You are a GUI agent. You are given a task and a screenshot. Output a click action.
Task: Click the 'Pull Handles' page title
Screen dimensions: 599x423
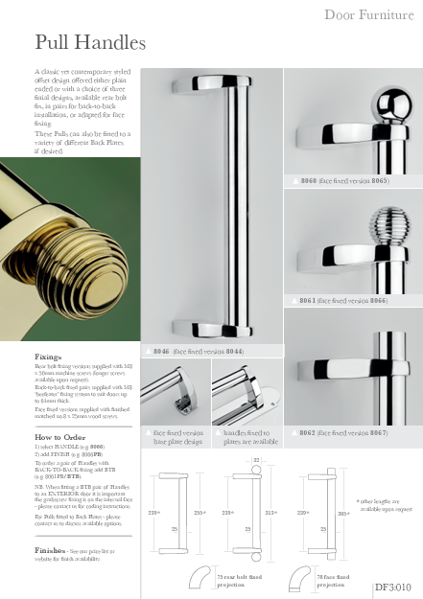click(x=89, y=42)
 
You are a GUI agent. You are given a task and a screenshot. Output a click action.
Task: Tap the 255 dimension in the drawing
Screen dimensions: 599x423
click(x=199, y=514)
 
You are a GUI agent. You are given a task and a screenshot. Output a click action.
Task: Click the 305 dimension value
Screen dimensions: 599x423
click(x=341, y=514)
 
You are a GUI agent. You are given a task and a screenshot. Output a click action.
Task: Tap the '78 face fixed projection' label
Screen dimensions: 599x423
click(x=337, y=581)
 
